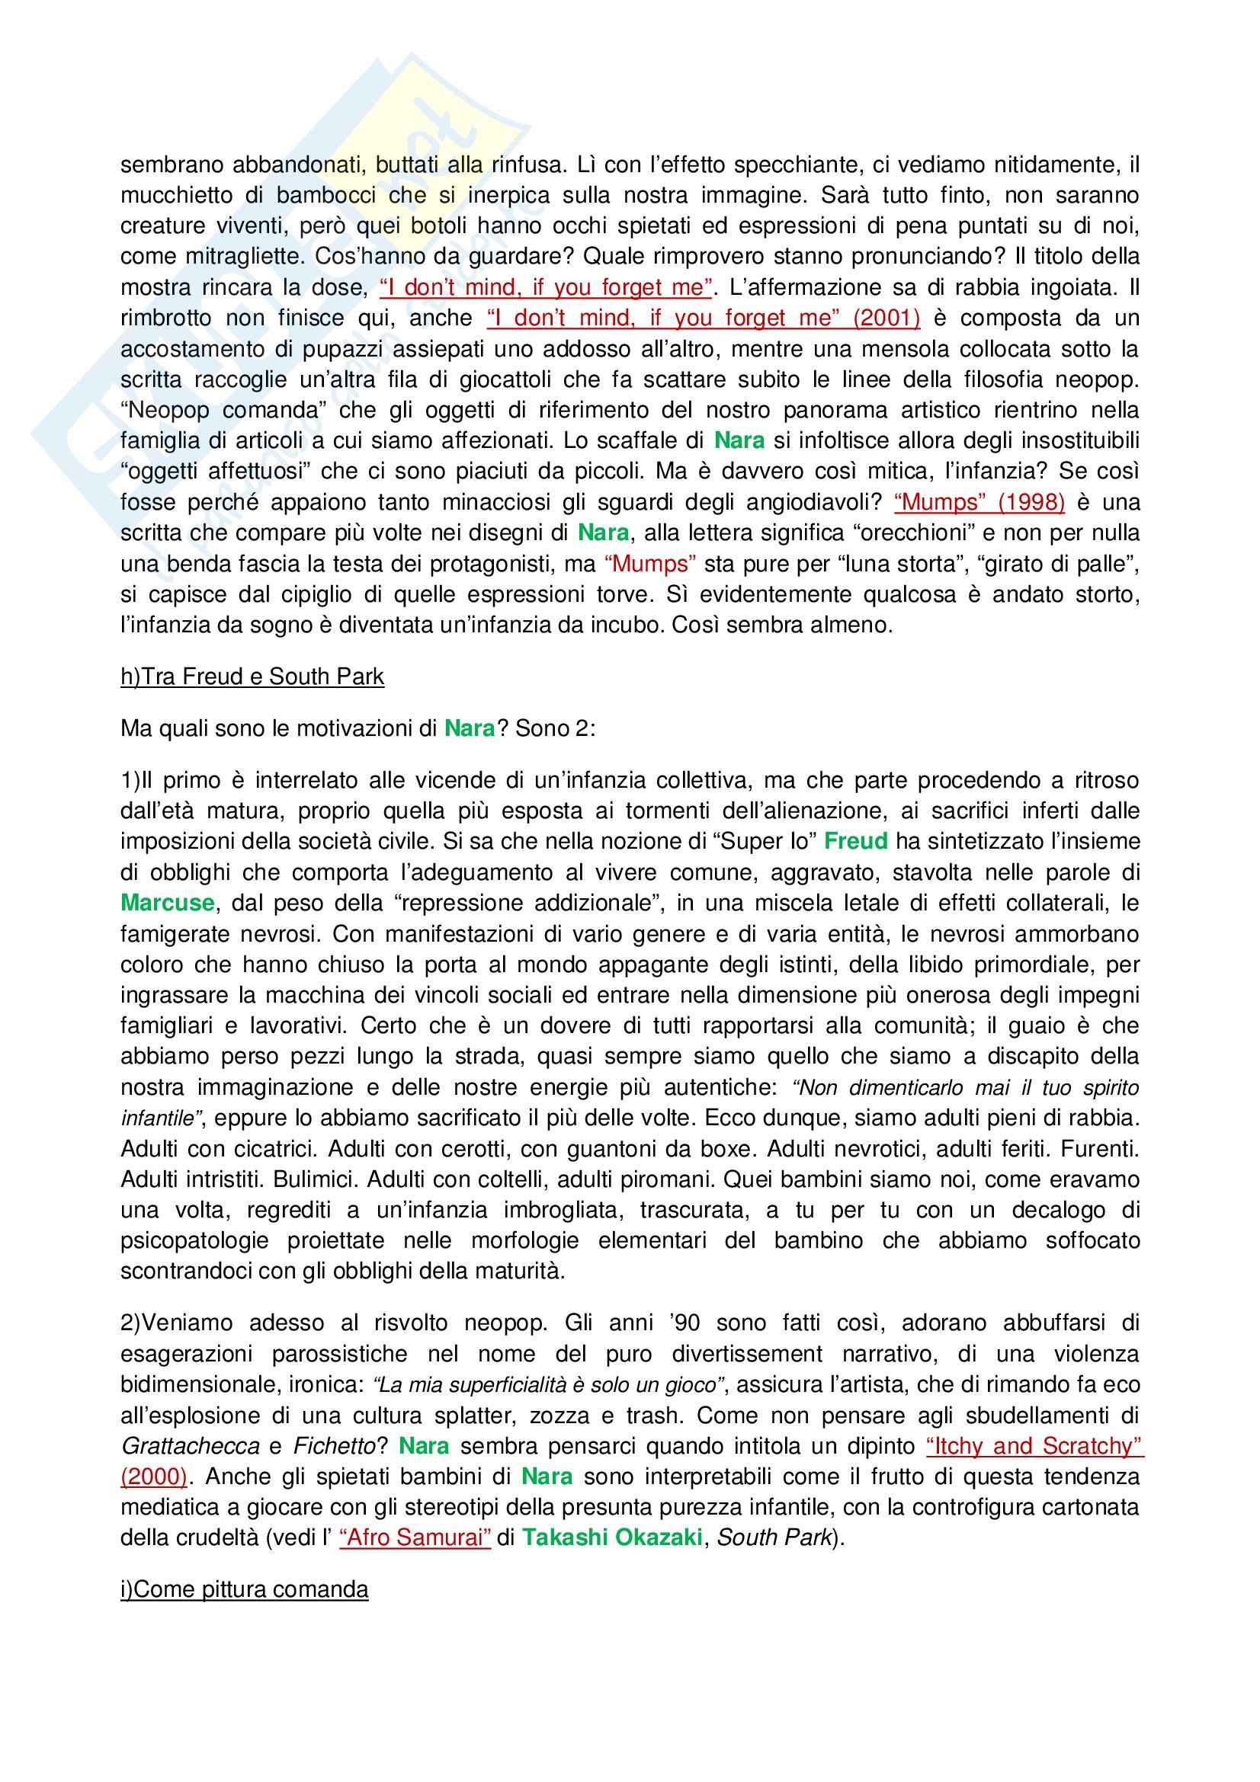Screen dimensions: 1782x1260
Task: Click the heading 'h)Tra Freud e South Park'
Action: [x=252, y=677]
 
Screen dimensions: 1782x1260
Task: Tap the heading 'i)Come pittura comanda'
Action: [x=244, y=1589]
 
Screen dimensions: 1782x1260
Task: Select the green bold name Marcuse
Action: [x=167, y=903]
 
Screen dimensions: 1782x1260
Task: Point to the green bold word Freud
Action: [x=855, y=841]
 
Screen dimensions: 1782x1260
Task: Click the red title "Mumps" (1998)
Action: [x=979, y=502]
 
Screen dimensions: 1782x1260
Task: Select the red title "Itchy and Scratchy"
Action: [x=1035, y=1445]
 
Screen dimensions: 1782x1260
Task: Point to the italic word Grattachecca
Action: [x=191, y=1445]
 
